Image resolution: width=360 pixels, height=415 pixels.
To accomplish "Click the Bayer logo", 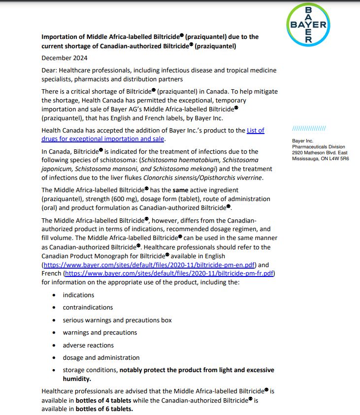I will (x=309, y=24).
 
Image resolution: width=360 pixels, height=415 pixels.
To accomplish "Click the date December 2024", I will (x=65, y=58).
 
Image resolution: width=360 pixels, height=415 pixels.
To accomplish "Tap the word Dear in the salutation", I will (x=50, y=70).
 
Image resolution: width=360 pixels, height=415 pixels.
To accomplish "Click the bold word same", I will (x=181, y=190).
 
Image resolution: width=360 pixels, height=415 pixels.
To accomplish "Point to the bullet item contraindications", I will (x=88, y=307).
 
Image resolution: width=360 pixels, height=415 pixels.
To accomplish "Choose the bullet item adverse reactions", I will (x=88, y=345).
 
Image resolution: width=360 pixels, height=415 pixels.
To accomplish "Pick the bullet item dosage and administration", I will (x=101, y=357).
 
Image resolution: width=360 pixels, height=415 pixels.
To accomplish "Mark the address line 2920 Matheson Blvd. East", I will (x=320, y=153).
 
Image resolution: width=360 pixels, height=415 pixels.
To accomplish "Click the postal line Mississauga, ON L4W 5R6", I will (x=320, y=159).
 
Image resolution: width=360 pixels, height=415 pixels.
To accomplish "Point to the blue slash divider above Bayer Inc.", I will (x=309, y=129).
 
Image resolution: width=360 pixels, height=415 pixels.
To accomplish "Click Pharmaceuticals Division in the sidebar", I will (x=319, y=147).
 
